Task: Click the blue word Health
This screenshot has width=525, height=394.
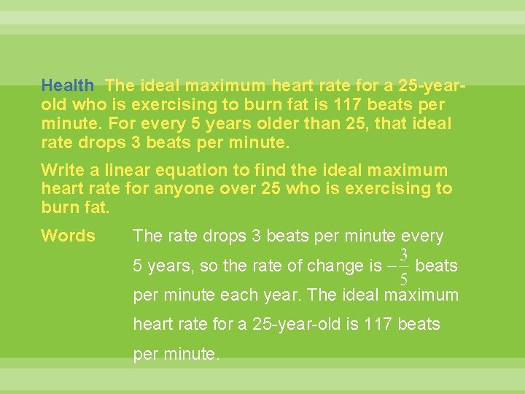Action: [x=67, y=86]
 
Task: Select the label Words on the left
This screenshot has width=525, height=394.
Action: [x=68, y=236]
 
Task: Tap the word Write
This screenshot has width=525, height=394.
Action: [x=62, y=171]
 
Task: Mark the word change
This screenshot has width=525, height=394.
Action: [x=333, y=266]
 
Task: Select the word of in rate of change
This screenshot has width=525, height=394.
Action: [x=287, y=266]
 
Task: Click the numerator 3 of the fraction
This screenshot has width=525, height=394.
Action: [x=403, y=255]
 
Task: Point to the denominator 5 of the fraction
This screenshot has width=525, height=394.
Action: [x=403, y=279]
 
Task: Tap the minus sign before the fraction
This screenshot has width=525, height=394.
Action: [x=391, y=267]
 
